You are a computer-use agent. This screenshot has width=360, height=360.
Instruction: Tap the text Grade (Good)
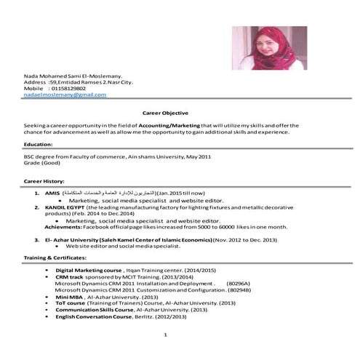(x=41, y=164)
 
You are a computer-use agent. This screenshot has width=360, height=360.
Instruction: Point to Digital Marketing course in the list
(x=89, y=270)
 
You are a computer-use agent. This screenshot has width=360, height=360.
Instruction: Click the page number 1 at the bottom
(x=167, y=335)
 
